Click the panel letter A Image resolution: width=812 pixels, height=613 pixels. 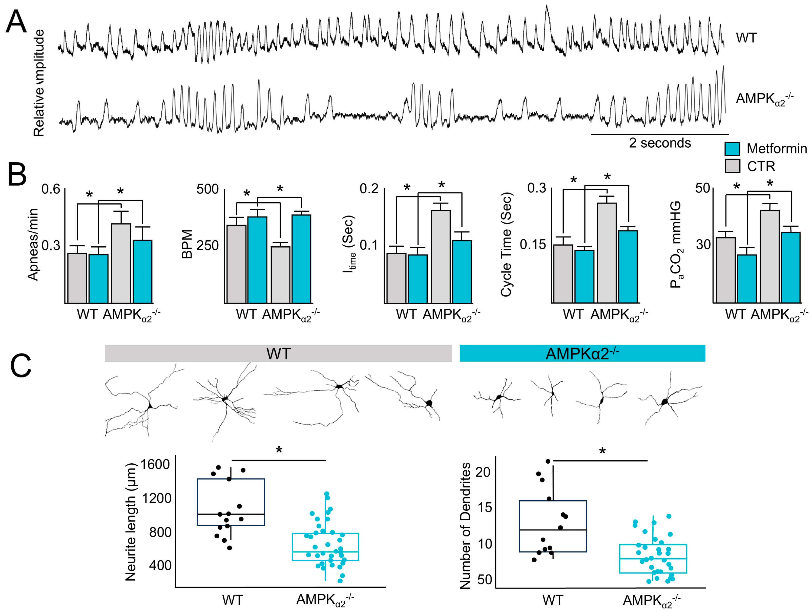tap(16, 22)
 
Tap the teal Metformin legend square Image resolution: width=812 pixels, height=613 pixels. tap(732, 149)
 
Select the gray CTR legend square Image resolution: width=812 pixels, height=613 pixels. tap(732, 166)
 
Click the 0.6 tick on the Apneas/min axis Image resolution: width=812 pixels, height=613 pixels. tap(51, 189)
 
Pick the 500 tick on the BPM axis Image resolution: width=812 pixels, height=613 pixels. tap(207, 189)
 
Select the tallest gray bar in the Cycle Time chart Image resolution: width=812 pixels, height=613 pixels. tap(607, 253)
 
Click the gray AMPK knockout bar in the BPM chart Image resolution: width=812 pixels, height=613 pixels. tap(280, 274)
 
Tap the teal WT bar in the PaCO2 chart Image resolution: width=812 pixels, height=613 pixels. tap(747, 279)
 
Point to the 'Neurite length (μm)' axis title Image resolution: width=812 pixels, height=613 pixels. tap(131, 522)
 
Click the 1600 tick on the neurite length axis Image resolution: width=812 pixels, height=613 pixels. tap(155, 464)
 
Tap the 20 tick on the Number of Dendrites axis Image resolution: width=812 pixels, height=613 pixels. tap(483, 472)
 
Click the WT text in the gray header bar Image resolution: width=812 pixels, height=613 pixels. tap(278, 354)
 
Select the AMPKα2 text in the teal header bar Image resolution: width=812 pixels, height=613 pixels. tap(582, 354)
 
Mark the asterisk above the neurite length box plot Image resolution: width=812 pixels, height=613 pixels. tap(279, 450)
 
